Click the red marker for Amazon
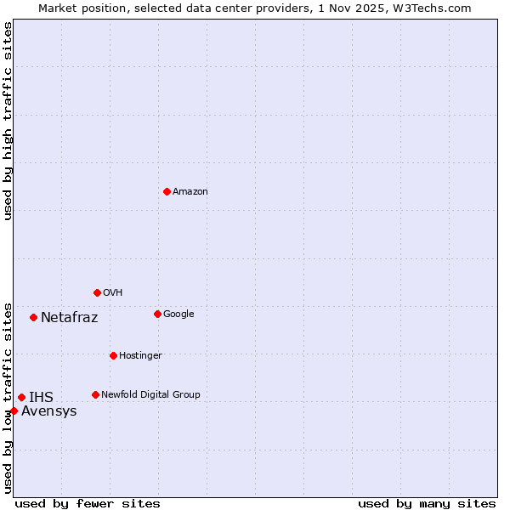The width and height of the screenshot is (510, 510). click(167, 191)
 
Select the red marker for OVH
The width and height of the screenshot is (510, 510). click(97, 292)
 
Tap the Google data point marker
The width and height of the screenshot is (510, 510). click(157, 314)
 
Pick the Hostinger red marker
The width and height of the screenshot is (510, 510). click(113, 355)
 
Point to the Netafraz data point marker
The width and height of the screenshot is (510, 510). click(33, 317)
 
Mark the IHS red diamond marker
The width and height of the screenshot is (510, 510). click(21, 397)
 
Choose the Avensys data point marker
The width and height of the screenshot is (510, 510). click(14, 411)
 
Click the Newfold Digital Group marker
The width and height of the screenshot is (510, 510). click(95, 394)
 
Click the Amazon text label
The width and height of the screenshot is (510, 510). click(190, 192)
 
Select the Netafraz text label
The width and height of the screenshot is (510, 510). click(70, 318)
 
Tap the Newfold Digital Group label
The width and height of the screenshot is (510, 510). click(150, 394)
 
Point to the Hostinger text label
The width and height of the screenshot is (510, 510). click(140, 355)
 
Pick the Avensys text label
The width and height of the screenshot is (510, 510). click(49, 411)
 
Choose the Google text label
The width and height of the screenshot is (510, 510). click(178, 314)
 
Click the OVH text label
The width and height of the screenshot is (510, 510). click(113, 293)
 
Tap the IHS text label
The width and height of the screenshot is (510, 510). click(41, 397)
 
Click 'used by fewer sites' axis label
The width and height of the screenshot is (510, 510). click(88, 503)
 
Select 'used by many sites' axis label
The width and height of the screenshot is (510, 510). click(427, 503)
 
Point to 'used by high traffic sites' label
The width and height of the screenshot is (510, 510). click(8, 121)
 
